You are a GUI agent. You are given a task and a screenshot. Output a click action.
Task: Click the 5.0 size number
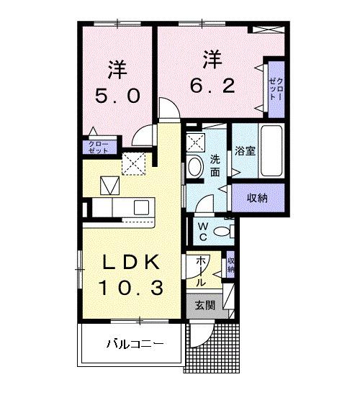(x=117, y=95)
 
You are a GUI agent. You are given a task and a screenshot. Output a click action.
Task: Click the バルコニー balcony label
(x=136, y=343)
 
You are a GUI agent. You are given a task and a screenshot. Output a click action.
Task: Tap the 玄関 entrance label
(x=204, y=305)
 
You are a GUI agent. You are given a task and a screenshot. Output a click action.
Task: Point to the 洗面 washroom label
(x=215, y=165)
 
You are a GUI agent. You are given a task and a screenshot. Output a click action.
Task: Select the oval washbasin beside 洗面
(x=194, y=167)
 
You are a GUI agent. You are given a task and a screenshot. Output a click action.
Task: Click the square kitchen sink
(x=111, y=186)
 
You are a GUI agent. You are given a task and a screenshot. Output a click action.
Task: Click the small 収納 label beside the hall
(x=230, y=264)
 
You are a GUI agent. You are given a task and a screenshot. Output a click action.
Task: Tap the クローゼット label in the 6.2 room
(x=276, y=87)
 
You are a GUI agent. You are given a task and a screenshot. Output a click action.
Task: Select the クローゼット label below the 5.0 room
(x=98, y=147)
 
